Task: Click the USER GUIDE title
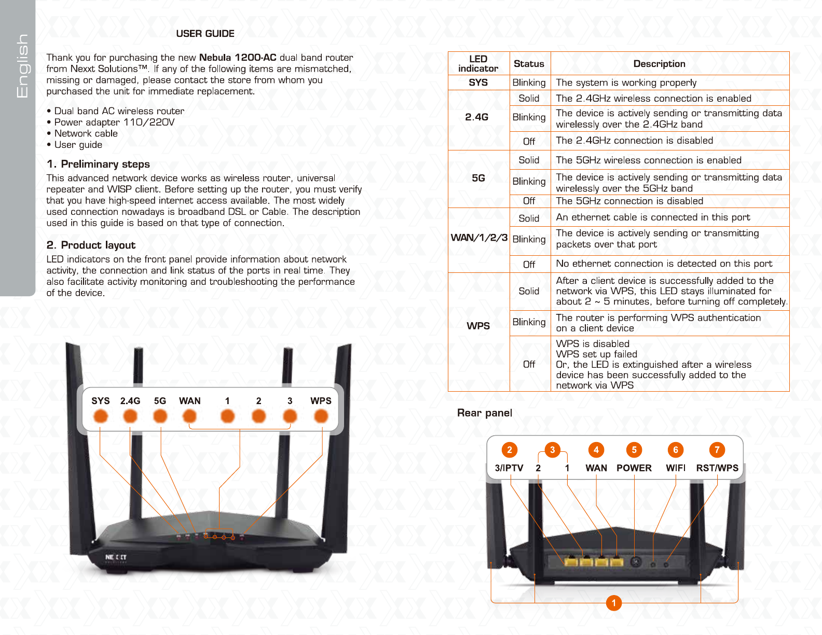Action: pos(205,34)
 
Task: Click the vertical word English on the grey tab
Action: pos(22,66)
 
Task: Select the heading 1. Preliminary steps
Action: pos(98,164)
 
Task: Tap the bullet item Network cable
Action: pos(86,133)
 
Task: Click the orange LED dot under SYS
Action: pos(100,416)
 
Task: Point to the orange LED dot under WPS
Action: pos(321,416)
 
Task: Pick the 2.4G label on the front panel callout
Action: pos(130,401)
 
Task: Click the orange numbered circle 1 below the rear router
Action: pos(614,603)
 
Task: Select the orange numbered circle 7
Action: pos(717,450)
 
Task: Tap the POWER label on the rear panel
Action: pos(634,468)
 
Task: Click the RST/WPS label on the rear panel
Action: pos(717,468)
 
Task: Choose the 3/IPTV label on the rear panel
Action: pos(509,468)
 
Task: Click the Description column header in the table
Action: pos(659,64)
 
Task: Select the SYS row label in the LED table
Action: pos(478,82)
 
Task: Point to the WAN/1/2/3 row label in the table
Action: pos(478,238)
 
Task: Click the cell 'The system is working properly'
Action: pos(626,82)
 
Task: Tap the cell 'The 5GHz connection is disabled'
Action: pos(629,201)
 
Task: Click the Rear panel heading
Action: pos(484,413)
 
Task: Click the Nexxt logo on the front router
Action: pos(116,557)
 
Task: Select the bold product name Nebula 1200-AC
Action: pos(238,58)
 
